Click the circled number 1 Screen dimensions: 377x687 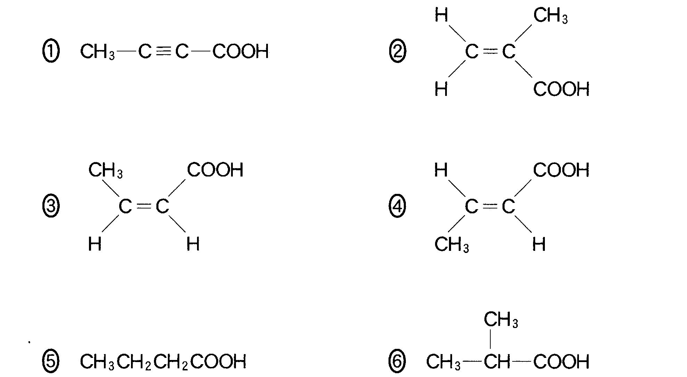(x=51, y=51)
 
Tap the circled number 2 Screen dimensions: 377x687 (x=397, y=51)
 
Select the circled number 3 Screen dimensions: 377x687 (x=51, y=206)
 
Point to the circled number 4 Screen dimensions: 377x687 (x=397, y=206)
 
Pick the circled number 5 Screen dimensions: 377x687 (x=51, y=361)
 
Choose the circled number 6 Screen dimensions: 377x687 (x=397, y=361)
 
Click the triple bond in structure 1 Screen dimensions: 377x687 (x=163, y=51)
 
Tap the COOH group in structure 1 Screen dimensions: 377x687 (x=240, y=51)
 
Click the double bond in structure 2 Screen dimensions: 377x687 (x=490, y=51)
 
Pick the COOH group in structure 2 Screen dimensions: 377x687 (x=561, y=89)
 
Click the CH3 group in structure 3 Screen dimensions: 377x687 (x=105, y=170)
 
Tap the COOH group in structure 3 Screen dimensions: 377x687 (x=215, y=170)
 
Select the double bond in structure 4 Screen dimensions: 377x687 (x=490, y=206)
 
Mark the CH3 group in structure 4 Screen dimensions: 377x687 (x=451, y=245)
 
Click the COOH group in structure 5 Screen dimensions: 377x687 (x=218, y=361)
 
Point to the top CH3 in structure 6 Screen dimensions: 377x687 (x=500, y=320)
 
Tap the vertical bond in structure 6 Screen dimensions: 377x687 (x=490, y=339)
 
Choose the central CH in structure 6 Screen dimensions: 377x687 (x=497, y=361)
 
